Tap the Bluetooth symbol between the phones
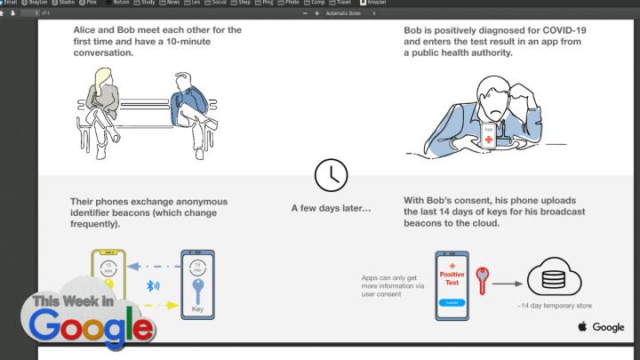point(152,287)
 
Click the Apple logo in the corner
point(583,327)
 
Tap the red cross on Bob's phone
point(488,140)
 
